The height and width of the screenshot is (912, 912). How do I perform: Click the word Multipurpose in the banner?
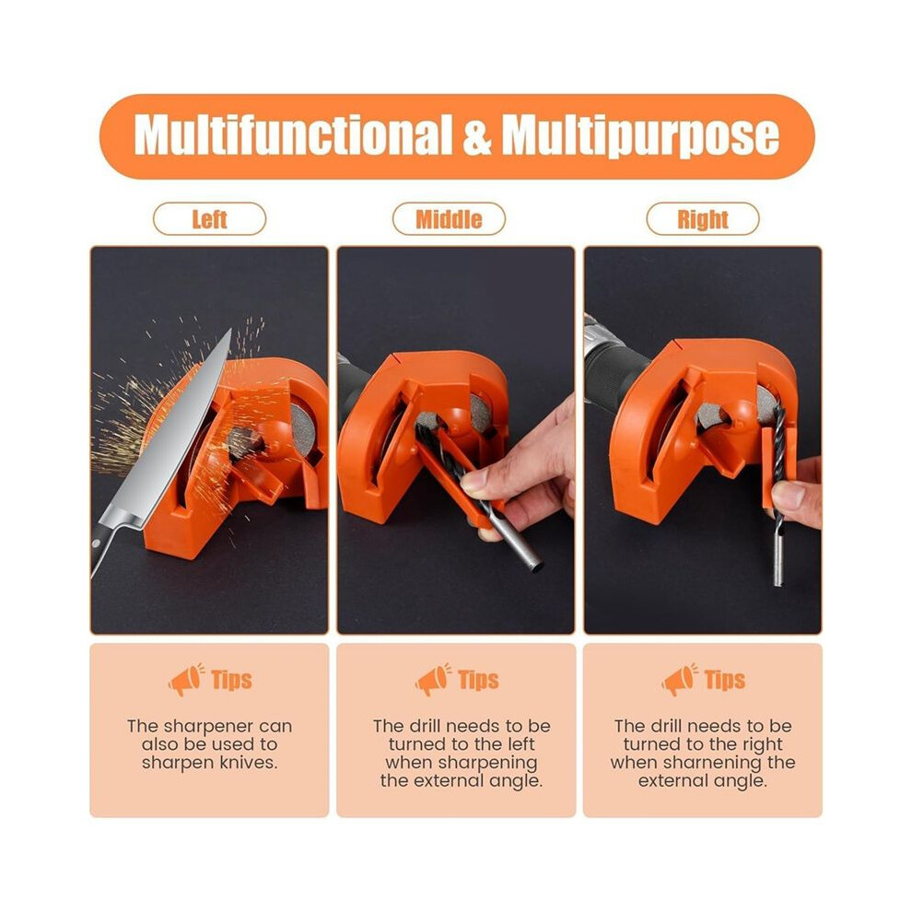(640, 136)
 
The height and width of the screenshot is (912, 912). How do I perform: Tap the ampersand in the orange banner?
(477, 136)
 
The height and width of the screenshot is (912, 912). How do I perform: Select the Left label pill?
(209, 219)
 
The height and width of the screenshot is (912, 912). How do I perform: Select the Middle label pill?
(449, 219)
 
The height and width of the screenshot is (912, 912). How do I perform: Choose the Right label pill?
(703, 219)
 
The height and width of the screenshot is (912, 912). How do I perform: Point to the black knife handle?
(99, 550)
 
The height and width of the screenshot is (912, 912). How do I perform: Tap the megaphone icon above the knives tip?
(186, 679)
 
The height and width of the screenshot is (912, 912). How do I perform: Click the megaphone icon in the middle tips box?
(433, 679)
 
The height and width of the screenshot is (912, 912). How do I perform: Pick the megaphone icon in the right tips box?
(679, 679)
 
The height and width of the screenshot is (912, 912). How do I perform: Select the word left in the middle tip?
(521, 744)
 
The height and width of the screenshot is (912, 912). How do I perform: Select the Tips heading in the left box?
(231, 680)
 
